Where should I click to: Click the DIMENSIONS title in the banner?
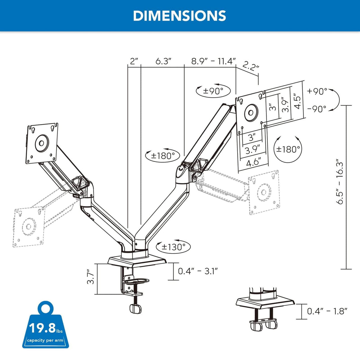coord(179,16)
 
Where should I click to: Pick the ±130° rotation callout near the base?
coord(173,247)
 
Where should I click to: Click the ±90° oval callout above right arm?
coord(213,91)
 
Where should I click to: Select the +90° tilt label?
coord(317,91)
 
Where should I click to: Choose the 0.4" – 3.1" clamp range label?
coord(198,271)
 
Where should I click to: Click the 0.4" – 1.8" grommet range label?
coord(327,311)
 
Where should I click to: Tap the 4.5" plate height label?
coord(297,101)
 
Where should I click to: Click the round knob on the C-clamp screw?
coord(136,309)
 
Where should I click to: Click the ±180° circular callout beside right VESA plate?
coord(288,149)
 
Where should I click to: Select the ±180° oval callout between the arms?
coord(163,155)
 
